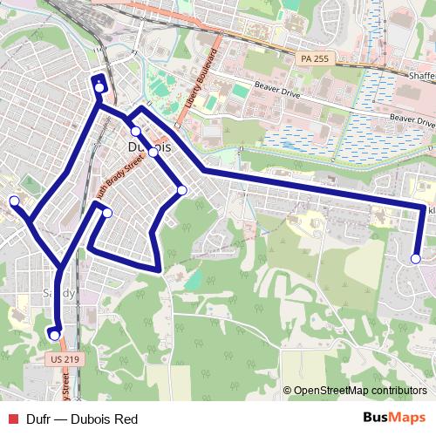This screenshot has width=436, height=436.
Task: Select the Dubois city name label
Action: click(x=147, y=147)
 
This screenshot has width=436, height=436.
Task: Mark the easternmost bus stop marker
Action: click(x=416, y=258)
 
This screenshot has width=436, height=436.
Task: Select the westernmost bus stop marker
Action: click(x=14, y=201)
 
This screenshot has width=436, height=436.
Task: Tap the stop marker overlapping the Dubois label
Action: click(x=153, y=153)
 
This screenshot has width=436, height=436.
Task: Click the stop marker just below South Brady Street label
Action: click(x=107, y=213)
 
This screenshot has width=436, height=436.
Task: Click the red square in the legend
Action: click(x=12, y=419)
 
